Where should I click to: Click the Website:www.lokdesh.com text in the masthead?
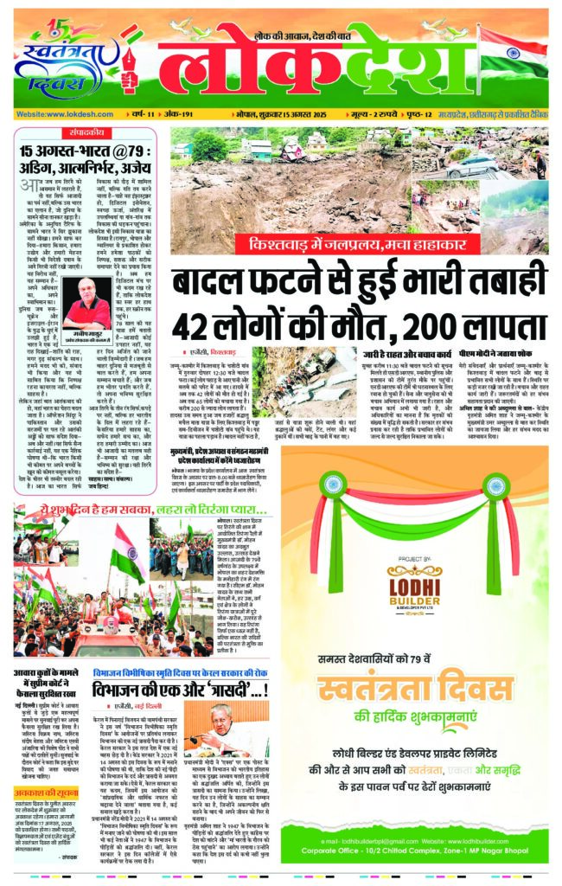(x=59, y=114)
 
